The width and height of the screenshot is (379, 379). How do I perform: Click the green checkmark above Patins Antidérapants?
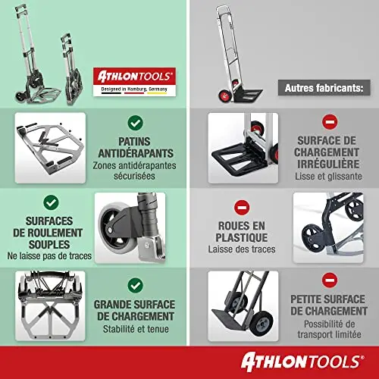pyautogui.click(x=135, y=123)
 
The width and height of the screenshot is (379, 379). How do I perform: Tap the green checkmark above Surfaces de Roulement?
pyautogui.click(x=51, y=202)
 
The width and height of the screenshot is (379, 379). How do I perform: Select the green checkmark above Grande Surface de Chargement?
pyautogui.click(x=135, y=285)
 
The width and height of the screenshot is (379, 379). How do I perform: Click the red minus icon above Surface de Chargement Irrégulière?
pyautogui.click(x=330, y=122)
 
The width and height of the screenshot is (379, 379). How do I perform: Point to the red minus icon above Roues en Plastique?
pyautogui.click(x=242, y=208)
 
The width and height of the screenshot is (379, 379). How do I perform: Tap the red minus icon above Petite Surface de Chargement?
pyautogui.click(x=330, y=280)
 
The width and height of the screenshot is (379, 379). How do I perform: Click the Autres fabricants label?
pyautogui.click(x=324, y=88)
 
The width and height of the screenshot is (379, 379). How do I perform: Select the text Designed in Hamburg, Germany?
pyautogui.click(x=134, y=89)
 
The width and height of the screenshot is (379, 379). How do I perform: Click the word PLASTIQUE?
pyautogui.click(x=242, y=237)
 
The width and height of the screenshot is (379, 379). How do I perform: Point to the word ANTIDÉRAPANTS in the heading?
pyautogui.click(x=136, y=153)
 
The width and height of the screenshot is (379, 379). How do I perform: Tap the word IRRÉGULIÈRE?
pyautogui.click(x=328, y=164)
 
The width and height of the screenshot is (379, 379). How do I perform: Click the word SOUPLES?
pyautogui.click(x=49, y=244)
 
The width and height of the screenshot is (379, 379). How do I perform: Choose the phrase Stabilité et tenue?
pyautogui.click(x=136, y=329)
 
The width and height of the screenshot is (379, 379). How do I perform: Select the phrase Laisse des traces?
pyautogui.click(x=242, y=249)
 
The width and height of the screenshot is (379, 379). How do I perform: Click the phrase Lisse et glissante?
pyautogui.click(x=328, y=176)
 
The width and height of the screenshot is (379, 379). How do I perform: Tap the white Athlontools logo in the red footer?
pyautogui.click(x=302, y=362)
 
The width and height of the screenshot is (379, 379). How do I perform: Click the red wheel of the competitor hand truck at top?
pyautogui.click(x=224, y=96)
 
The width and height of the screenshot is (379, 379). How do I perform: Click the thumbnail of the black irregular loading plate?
pyautogui.click(x=243, y=148)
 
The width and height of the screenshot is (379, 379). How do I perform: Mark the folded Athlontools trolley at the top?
pyautogui.click(x=72, y=69)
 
